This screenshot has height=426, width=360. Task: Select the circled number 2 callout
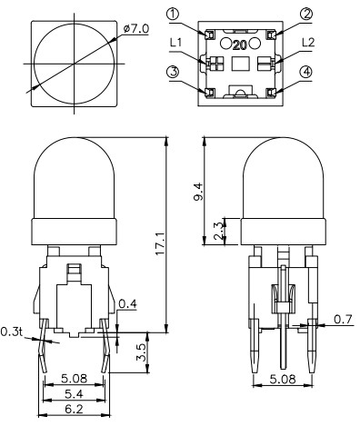coord(306,13)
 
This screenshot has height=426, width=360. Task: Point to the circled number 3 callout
coord(173,73)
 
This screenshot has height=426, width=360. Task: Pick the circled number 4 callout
coord(307,73)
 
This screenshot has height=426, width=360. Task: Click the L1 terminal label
coord(178,43)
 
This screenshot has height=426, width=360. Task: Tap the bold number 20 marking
coord(239,43)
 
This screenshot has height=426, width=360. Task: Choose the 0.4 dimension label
coord(127,302)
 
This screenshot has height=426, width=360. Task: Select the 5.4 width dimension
coord(74,395)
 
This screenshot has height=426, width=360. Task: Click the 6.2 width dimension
coord(74,410)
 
